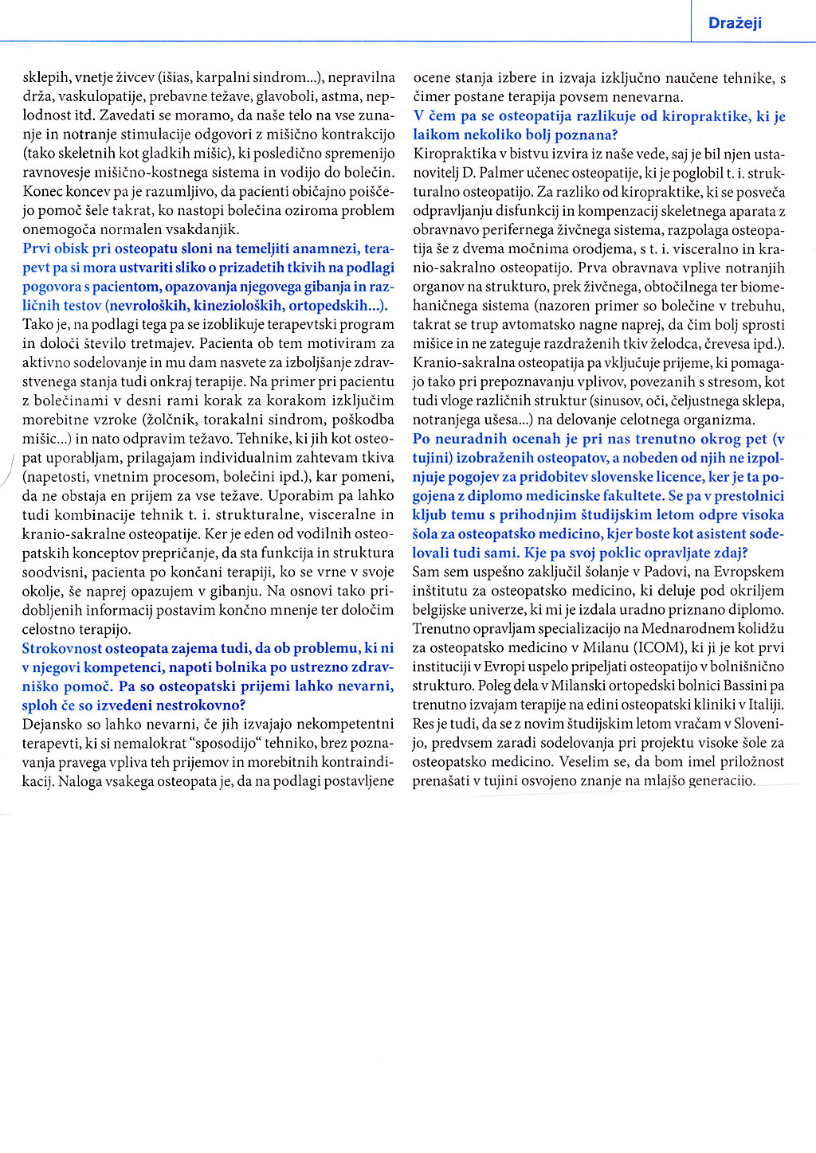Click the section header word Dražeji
[735, 23]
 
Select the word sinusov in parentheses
[596, 401]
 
